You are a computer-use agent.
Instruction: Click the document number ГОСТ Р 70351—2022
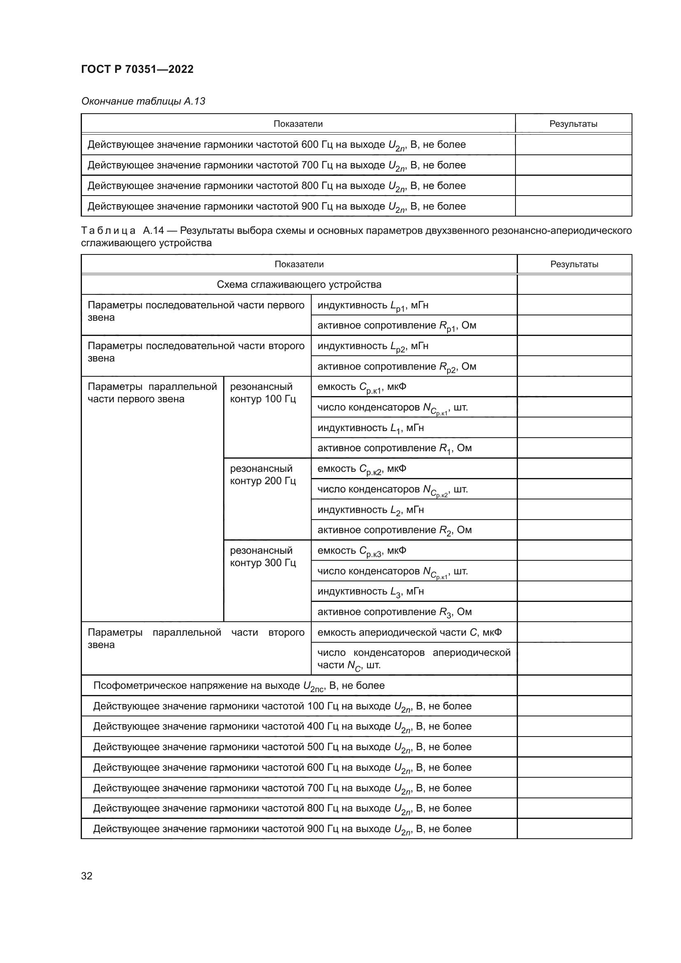click(137, 69)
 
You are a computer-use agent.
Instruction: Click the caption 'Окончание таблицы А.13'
click(143, 101)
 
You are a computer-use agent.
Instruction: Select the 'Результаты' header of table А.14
click(574, 264)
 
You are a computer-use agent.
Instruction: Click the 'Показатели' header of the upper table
click(298, 124)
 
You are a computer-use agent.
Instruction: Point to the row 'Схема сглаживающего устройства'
click(299, 284)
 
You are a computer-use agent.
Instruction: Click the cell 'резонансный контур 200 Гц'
click(263, 474)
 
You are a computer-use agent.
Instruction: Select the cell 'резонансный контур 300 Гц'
click(263, 556)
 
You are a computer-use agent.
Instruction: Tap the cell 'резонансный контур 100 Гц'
click(263, 393)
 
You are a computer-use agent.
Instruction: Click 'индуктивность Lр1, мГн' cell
click(373, 305)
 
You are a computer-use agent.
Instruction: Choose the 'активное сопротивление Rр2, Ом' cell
click(396, 366)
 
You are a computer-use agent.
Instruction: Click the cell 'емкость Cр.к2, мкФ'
click(362, 469)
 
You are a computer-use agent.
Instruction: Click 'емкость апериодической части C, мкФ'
click(409, 632)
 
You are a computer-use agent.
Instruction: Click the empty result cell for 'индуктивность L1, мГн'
click(574, 427)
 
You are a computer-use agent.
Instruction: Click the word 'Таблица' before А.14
click(108, 231)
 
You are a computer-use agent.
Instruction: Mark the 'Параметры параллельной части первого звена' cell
click(152, 393)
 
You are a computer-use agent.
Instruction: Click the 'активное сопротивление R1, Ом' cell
click(394, 448)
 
